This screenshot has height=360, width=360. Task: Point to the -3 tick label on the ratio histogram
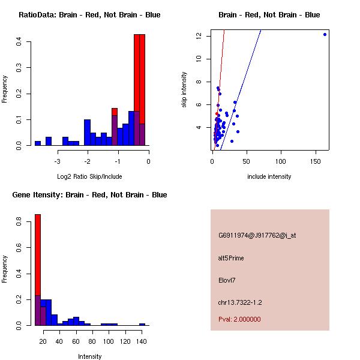58,161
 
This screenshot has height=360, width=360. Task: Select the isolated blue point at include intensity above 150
325,34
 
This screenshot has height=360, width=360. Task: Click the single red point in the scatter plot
217,113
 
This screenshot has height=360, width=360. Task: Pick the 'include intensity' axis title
269,177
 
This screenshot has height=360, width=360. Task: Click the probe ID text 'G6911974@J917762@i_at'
257,236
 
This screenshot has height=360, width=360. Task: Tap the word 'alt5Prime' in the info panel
231,259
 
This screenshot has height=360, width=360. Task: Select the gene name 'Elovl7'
227,280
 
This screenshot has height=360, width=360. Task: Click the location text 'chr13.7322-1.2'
240,302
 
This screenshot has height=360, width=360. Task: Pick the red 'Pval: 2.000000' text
239,319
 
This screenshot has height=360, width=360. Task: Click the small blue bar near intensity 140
142,324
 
